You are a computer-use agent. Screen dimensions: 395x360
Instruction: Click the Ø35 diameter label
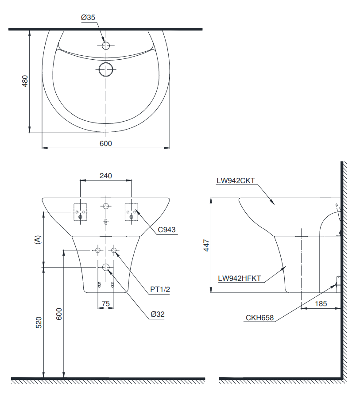(88, 17)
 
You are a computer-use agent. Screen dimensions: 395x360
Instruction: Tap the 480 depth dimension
(25, 81)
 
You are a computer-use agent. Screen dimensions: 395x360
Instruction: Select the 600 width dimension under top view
(105, 143)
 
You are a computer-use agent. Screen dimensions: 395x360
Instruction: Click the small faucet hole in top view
(106, 45)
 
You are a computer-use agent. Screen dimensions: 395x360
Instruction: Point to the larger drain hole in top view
(106, 69)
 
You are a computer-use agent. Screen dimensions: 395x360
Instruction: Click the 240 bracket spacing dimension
(105, 176)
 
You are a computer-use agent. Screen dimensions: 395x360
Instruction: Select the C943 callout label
(166, 230)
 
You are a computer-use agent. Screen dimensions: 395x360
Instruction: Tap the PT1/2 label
(160, 289)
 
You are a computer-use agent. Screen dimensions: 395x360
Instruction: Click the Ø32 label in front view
(157, 314)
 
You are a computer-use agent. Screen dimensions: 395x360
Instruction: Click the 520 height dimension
(39, 322)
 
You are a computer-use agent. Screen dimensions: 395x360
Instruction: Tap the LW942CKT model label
(235, 180)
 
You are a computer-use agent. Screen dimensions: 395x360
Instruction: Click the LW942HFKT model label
(239, 278)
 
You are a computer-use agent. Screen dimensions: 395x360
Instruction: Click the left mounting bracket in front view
(80, 212)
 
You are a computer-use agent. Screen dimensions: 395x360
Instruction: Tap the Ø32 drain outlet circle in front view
(106, 267)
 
